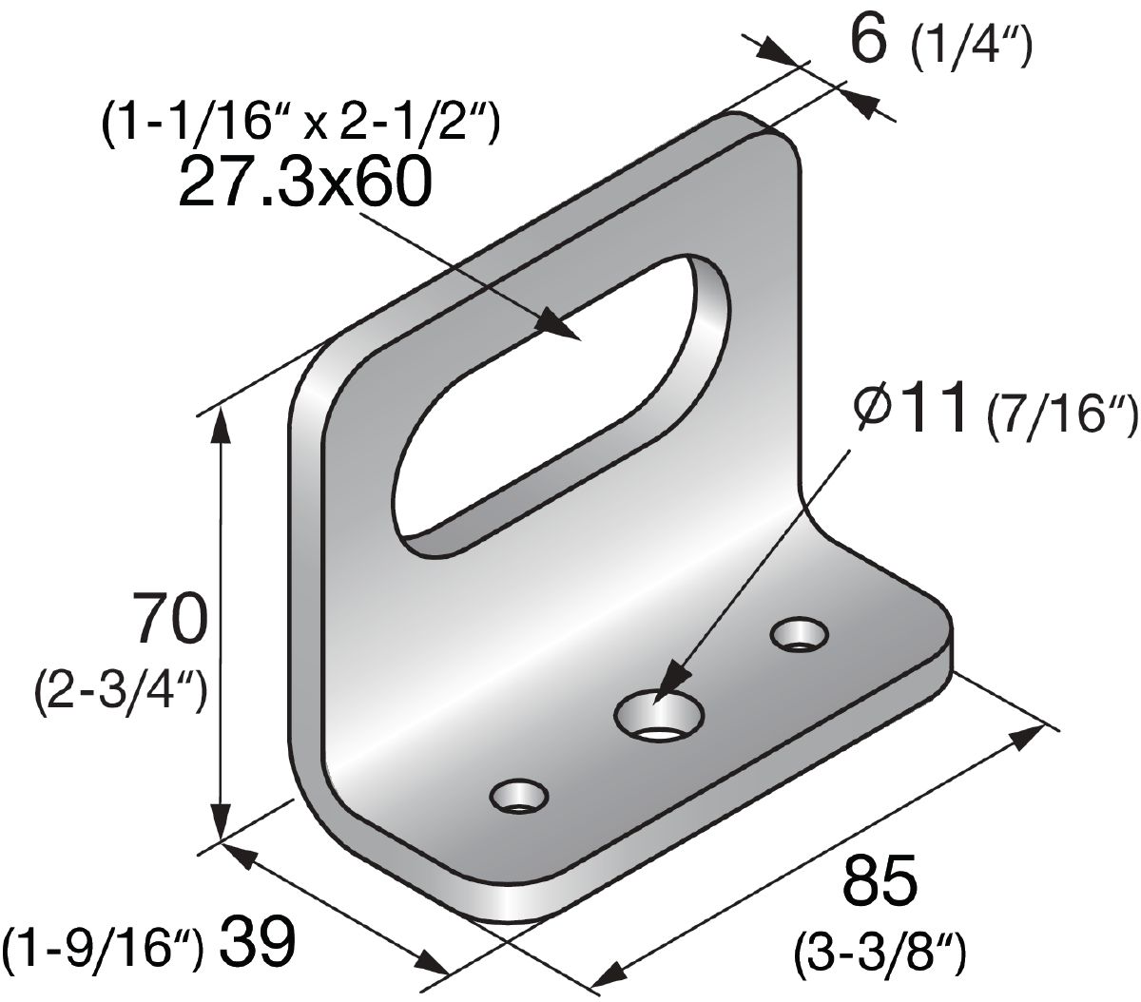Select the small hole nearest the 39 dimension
point(519,797)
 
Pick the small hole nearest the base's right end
point(800,635)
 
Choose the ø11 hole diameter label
point(917,408)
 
